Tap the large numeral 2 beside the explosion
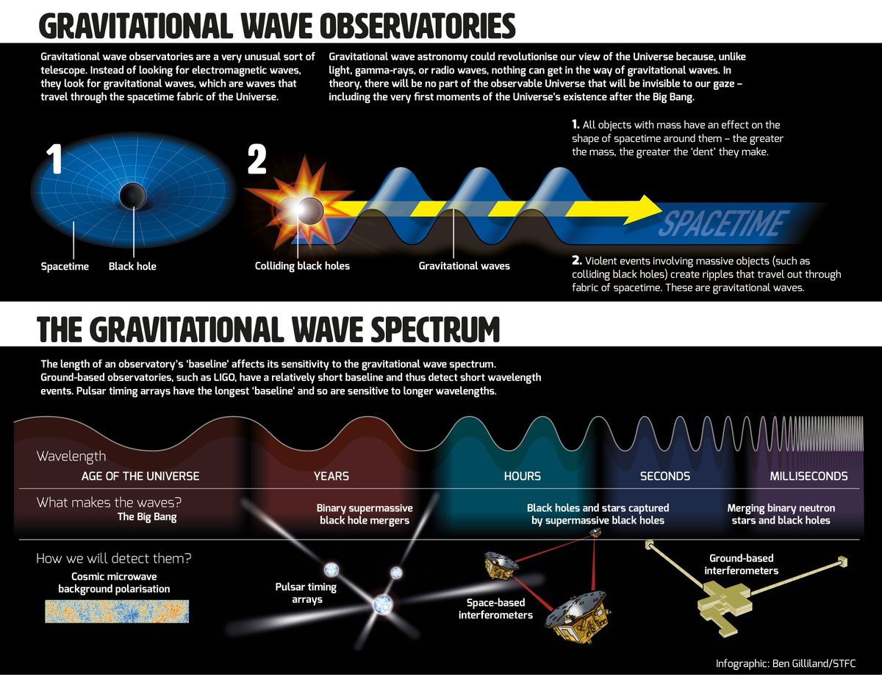pos(257,161)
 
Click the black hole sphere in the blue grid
pos(133,196)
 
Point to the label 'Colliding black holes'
pos(302,266)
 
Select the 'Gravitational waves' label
pos(464,266)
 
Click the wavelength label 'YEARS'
pos(331,476)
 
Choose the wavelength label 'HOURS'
pos(523,476)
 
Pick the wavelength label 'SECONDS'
pos(665,476)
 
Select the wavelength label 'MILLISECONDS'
pos(808,476)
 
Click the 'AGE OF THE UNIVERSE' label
pos(140,476)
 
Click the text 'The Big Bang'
pos(147,517)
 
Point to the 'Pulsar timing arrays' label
pos(306,593)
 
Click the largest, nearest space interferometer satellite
pos(576,617)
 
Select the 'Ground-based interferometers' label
pos(741,565)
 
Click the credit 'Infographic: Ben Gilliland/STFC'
pos(785,663)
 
